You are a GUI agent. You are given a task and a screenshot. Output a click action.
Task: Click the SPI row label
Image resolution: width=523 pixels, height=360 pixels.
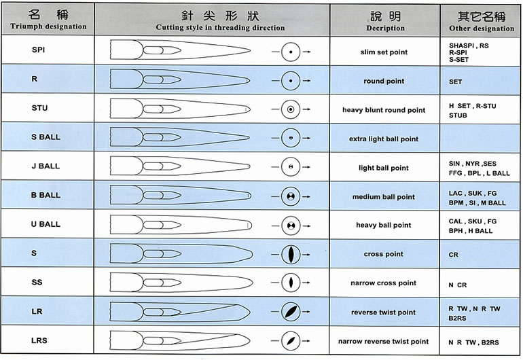(x=38, y=50)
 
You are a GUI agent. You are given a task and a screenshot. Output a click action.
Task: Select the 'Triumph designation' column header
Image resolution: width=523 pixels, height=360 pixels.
(x=48, y=26)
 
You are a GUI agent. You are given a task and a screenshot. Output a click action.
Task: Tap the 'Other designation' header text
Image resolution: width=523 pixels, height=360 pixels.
(x=482, y=29)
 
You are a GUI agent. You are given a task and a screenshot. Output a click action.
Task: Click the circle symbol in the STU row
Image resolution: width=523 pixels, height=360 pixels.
(x=291, y=109)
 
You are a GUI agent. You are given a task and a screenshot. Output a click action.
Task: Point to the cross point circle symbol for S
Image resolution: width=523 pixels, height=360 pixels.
(x=291, y=255)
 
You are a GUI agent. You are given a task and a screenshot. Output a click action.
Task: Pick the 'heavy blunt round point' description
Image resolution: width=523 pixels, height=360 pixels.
(x=384, y=110)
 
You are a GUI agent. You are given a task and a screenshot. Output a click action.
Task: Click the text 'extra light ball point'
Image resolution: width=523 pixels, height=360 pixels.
(x=384, y=139)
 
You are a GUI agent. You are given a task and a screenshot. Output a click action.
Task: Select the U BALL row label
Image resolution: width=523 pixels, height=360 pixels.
(x=46, y=224)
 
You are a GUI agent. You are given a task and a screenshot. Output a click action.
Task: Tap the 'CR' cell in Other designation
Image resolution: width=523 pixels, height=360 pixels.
(x=453, y=255)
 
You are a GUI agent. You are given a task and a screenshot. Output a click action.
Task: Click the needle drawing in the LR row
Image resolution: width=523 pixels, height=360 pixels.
(x=180, y=312)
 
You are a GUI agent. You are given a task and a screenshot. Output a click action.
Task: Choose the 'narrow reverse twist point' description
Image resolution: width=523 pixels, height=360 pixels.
(x=383, y=341)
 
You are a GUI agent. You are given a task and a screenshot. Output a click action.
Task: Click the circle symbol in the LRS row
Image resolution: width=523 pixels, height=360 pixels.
(x=291, y=341)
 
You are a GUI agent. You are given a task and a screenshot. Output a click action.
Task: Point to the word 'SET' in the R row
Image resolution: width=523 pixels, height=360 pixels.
(x=455, y=82)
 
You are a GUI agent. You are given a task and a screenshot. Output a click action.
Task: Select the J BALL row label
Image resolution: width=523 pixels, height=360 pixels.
(x=46, y=166)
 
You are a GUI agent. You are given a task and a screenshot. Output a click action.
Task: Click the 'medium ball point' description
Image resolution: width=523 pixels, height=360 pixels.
(x=384, y=197)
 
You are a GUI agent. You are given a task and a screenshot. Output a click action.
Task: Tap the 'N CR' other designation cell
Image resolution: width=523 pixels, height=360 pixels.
(x=458, y=285)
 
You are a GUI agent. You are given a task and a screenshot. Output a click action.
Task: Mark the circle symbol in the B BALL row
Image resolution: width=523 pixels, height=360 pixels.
(x=291, y=196)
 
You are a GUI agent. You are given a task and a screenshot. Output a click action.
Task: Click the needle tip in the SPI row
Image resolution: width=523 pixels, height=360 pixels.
(x=250, y=51)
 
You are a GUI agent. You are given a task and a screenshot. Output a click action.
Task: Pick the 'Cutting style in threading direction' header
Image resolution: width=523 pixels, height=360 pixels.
(x=220, y=27)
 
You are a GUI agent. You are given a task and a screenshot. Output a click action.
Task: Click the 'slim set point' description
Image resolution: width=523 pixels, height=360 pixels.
(x=384, y=52)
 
